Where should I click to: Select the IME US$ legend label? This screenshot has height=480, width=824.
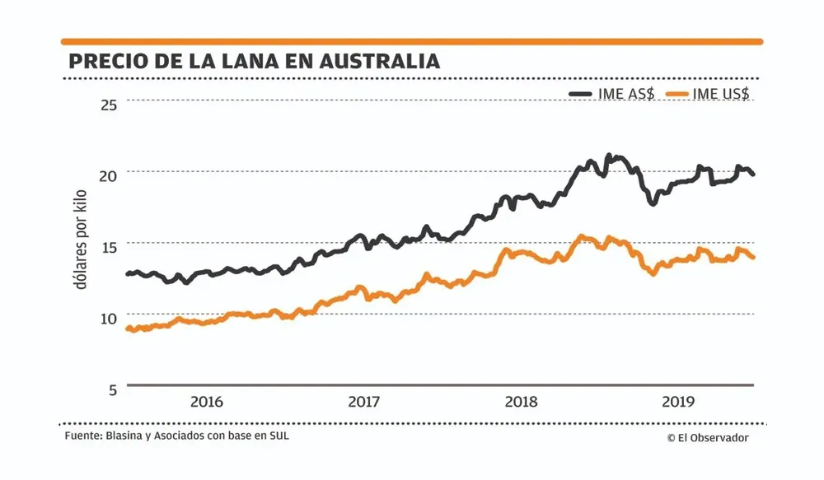click(722, 94)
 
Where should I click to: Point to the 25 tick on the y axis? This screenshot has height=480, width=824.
click(110, 104)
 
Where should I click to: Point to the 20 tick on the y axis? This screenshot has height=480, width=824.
click(110, 175)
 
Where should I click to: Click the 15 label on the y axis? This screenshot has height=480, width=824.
click(110, 245)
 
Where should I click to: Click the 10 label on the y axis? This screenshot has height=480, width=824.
click(110, 317)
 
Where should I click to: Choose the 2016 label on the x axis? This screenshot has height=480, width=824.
click(207, 403)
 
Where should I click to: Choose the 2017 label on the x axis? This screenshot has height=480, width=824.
click(363, 403)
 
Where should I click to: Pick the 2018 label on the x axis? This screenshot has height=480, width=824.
click(521, 403)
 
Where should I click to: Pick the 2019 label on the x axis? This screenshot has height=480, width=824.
click(678, 403)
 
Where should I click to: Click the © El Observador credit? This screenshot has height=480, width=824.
click(708, 438)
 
